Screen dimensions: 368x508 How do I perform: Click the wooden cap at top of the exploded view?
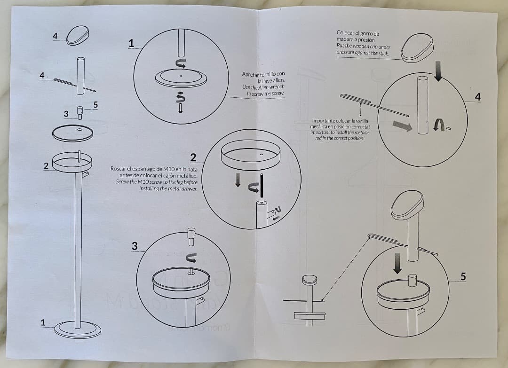pyautogui.click(x=77, y=35)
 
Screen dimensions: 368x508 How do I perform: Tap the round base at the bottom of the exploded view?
pyautogui.click(x=77, y=329)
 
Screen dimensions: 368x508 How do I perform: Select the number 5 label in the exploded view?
pyautogui.click(x=95, y=105)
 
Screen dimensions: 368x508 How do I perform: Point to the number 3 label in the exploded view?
pyautogui.click(x=66, y=114)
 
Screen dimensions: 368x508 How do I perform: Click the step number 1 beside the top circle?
pyautogui.click(x=131, y=43)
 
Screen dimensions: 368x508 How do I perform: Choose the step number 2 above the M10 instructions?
pyautogui.click(x=193, y=157)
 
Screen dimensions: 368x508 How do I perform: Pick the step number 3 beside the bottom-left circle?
pyautogui.click(x=135, y=246)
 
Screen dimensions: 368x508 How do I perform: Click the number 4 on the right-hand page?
pyautogui.click(x=478, y=97)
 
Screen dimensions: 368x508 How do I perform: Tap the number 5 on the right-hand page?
pyautogui.click(x=463, y=277)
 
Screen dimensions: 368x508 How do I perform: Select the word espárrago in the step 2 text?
pyautogui.click(x=146, y=169)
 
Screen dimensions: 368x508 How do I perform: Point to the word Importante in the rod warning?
pyautogui.click(x=323, y=121)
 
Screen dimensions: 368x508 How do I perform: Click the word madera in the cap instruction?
pyautogui.click(x=346, y=40)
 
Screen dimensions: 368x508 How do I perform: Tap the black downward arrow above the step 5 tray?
pyautogui.click(x=398, y=263)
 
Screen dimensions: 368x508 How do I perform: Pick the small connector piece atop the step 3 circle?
pyautogui.click(x=191, y=237)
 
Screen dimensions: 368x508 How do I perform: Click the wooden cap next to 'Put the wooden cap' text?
pyautogui.click(x=418, y=47)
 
